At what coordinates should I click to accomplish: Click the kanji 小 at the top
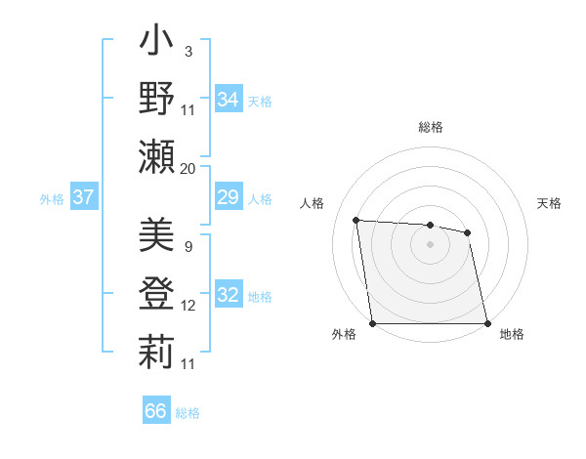click(x=157, y=45)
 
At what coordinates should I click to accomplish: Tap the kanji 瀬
click(x=157, y=156)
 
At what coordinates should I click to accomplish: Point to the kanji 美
click(x=157, y=234)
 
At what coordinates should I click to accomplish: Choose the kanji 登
click(x=157, y=292)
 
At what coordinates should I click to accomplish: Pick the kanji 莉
click(x=157, y=351)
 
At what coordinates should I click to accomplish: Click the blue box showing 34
click(x=229, y=99)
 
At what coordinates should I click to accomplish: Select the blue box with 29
click(x=228, y=198)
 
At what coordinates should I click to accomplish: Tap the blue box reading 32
click(x=229, y=295)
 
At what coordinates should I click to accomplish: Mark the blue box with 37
click(x=83, y=198)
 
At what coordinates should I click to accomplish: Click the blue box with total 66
click(x=155, y=411)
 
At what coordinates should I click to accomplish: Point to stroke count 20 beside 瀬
click(x=188, y=169)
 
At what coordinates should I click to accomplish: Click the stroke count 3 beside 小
click(x=188, y=51)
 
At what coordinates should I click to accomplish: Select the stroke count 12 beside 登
click(x=188, y=306)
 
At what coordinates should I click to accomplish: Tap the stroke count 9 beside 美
click(x=188, y=247)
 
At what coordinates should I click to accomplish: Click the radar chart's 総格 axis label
click(x=431, y=127)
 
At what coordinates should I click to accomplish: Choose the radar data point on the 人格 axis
click(x=356, y=220)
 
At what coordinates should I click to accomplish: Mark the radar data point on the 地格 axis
click(x=487, y=323)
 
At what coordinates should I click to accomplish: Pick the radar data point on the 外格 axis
click(x=372, y=323)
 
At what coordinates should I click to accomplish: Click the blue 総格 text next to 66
click(x=188, y=412)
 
